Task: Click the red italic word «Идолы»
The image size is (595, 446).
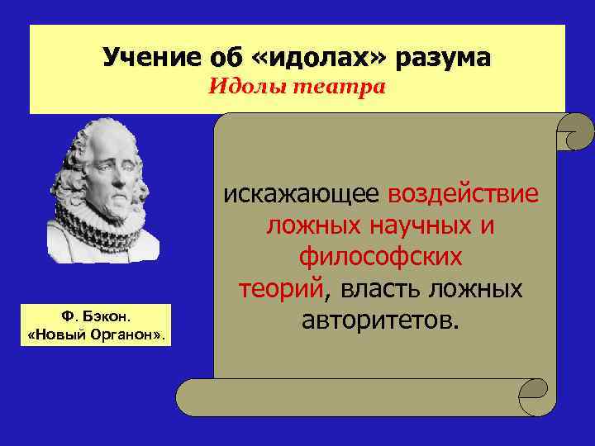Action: click(245, 87)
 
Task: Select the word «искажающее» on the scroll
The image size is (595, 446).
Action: click(302, 194)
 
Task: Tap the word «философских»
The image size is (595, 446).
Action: click(381, 257)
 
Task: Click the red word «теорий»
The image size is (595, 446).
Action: click(281, 289)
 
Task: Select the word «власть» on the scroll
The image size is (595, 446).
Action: click(378, 289)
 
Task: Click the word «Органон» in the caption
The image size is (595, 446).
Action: click(124, 334)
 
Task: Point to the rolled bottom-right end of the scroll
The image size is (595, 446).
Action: click(535, 396)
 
